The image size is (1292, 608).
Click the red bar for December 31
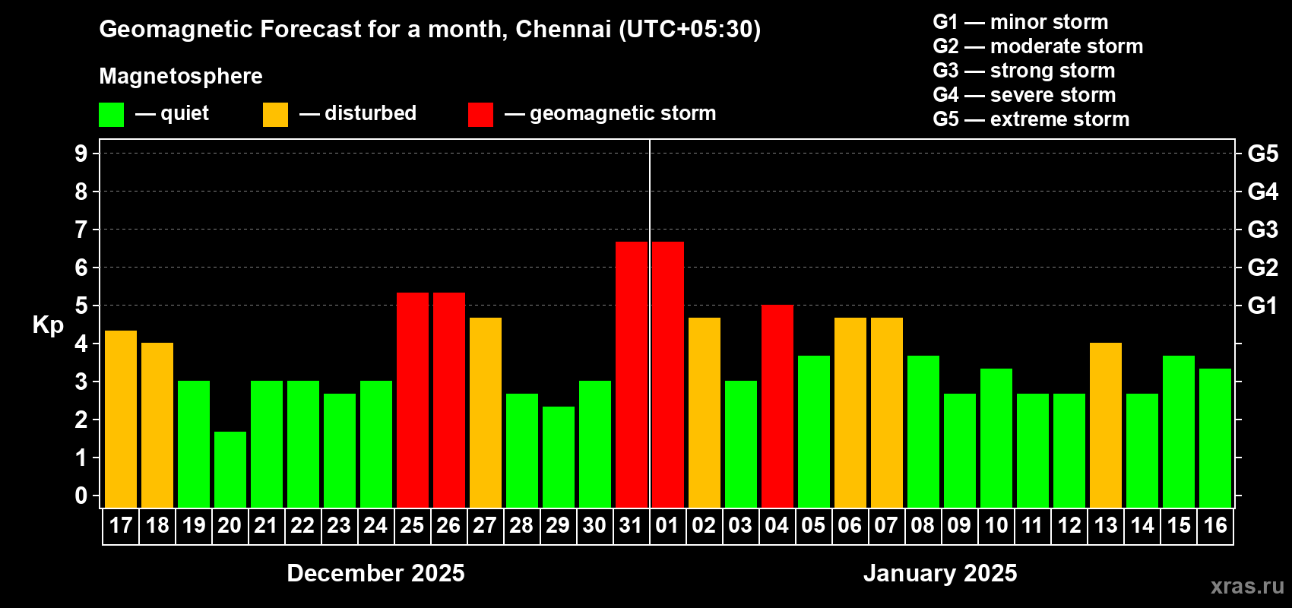click(632, 374)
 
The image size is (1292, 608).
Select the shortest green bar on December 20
click(230, 470)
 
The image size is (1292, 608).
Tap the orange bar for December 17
click(121, 419)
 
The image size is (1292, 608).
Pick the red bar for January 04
click(777, 406)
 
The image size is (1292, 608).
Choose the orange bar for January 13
click(1106, 425)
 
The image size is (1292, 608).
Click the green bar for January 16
click(1215, 438)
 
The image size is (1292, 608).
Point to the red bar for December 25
click(413, 400)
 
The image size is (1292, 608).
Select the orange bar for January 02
click(705, 412)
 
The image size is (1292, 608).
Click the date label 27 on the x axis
click(485, 526)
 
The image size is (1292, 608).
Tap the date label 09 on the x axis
click(959, 526)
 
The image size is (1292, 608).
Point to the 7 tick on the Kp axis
click(81, 230)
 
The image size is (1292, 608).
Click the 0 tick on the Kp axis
click(81, 496)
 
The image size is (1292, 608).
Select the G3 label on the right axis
click(1262, 230)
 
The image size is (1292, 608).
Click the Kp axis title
click(48, 325)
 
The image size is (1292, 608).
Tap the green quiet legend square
click(112, 115)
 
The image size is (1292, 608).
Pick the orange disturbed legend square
click(275, 115)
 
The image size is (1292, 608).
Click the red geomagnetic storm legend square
click(480, 115)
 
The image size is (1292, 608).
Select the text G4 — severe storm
click(1024, 95)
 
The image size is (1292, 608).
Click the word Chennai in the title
click(563, 29)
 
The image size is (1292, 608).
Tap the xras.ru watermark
click(1247, 586)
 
